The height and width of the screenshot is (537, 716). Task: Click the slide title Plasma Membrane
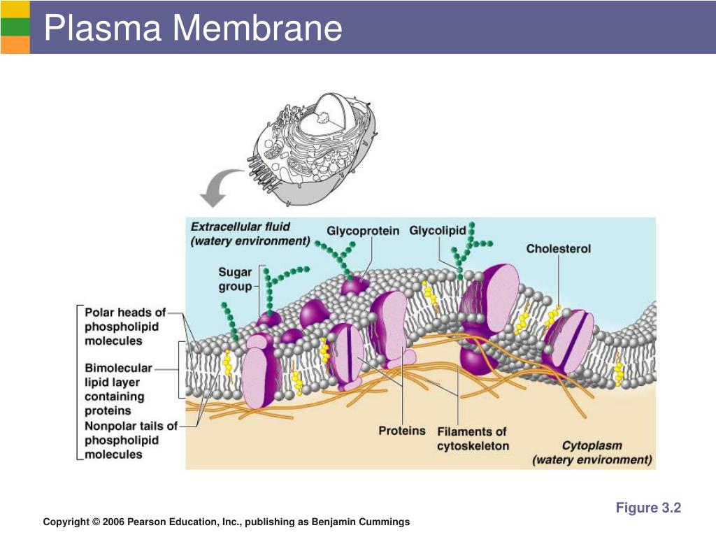193,28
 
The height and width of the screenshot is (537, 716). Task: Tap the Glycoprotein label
363,231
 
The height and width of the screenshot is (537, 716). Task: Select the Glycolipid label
437,231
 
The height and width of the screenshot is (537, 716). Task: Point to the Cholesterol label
558,249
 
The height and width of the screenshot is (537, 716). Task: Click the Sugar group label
235,280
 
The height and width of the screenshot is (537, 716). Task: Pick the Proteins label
402,431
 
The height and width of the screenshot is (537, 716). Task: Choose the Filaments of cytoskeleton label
473,439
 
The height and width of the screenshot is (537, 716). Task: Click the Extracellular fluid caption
250,234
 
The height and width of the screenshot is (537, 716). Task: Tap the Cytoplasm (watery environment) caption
592,452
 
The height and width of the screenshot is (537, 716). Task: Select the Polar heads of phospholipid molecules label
124,327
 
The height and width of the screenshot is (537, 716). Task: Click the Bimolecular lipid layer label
118,389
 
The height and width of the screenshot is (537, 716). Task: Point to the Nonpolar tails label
131,441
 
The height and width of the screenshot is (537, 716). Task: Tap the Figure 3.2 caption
648,508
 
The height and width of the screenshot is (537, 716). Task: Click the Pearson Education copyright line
226,522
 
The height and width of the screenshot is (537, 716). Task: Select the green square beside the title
15,27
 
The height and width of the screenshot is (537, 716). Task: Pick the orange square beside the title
15,45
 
